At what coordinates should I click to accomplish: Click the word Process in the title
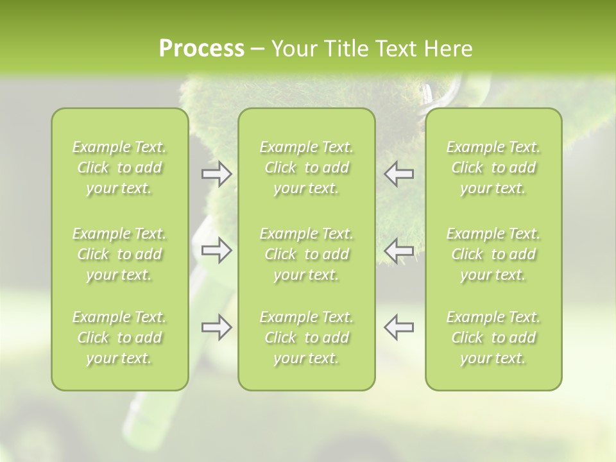click(x=201, y=49)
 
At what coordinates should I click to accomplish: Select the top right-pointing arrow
click(x=216, y=173)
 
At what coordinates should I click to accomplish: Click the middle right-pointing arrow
click(x=216, y=250)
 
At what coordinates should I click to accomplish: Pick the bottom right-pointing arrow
click(x=216, y=327)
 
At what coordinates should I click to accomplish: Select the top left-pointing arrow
click(x=398, y=173)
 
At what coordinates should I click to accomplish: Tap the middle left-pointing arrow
click(x=398, y=250)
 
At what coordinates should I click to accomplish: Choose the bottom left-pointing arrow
click(x=398, y=327)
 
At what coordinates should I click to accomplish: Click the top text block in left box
click(x=119, y=167)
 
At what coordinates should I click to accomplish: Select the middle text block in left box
click(x=119, y=254)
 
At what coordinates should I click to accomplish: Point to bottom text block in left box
click(x=119, y=338)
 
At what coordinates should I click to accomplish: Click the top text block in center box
click(x=307, y=167)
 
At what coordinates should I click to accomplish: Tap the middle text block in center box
click(x=307, y=254)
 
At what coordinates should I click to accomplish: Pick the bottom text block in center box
click(x=307, y=338)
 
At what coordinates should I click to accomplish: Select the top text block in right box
click(x=493, y=167)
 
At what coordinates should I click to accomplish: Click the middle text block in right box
click(x=493, y=254)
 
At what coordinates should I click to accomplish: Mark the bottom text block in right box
click(x=493, y=338)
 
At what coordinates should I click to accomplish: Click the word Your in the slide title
click(x=292, y=49)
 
